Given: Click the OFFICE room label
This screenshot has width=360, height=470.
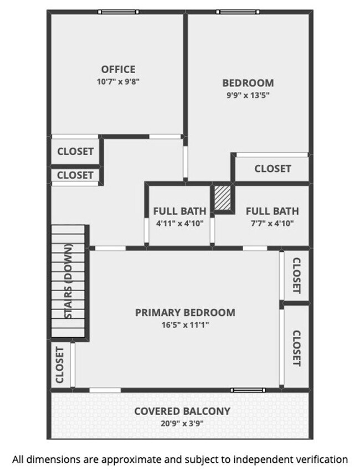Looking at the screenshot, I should [x=118, y=69].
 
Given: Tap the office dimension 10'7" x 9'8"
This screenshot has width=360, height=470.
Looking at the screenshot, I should [x=118, y=81].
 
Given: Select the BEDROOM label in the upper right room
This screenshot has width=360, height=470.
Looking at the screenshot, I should [x=248, y=83].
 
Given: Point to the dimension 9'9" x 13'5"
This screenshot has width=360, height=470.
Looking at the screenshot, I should [x=248, y=95].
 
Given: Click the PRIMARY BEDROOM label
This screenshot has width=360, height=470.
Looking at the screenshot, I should [x=185, y=312].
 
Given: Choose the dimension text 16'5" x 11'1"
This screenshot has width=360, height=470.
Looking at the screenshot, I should [x=185, y=324].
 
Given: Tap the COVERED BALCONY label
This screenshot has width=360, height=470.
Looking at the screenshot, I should [x=182, y=411].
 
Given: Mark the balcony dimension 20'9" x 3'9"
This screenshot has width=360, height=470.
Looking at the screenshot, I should [x=182, y=423].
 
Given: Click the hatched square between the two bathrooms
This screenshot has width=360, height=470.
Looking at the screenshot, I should [x=223, y=198].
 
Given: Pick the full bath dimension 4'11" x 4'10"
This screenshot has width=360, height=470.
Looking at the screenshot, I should [x=179, y=224].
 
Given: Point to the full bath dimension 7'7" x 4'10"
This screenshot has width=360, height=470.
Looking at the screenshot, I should [x=271, y=224].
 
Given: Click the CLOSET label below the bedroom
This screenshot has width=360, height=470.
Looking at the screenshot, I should [x=272, y=168].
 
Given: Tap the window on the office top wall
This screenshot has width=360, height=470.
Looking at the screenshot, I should [x=118, y=12].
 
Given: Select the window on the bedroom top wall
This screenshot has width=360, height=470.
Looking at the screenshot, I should [x=238, y=12].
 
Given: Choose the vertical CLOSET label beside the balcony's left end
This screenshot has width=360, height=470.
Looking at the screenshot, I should [x=60, y=365].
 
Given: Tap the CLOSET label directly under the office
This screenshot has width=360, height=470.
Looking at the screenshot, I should [x=75, y=151].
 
